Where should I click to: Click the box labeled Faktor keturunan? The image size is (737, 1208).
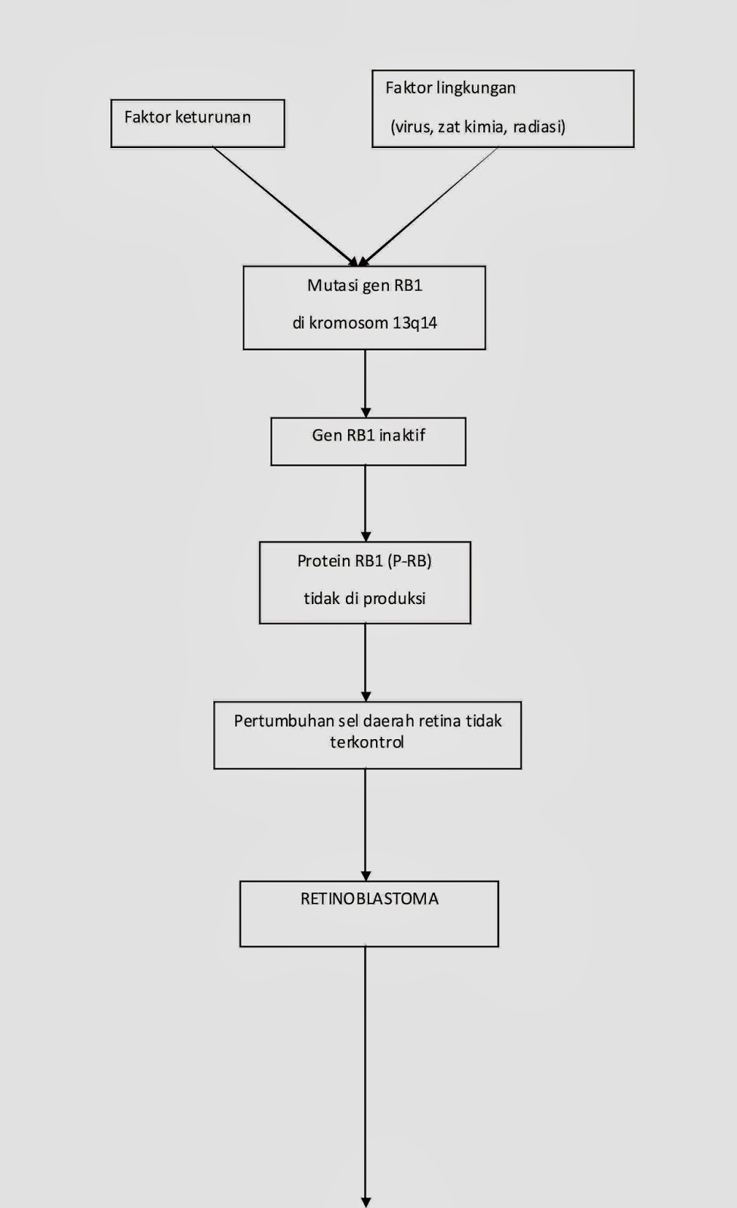click(x=198, y=123)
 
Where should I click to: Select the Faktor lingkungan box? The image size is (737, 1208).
click(x=503, y=109)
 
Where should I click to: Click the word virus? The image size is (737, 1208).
click(x=412, y=127)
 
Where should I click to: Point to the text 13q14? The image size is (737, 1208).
click(x=415, y=323)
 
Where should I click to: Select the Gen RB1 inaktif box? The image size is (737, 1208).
click(x=368, y=442)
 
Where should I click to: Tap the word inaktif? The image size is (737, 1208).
click(x=402, y=435)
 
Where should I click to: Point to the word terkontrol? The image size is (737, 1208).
click(x=367, y=742)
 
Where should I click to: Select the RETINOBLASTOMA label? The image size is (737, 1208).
click(x=369, y=898)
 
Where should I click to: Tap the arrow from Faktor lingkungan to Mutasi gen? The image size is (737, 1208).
click(x=430, y=205)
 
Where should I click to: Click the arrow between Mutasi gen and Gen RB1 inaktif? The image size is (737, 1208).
click(x=365, y=383)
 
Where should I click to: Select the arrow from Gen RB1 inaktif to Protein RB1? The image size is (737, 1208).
click(x=365, y=503)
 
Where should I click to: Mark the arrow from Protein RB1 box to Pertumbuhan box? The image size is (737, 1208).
click(x=365, y=662)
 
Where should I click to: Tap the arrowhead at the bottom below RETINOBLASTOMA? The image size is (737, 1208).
click(x=366, y=1201)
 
